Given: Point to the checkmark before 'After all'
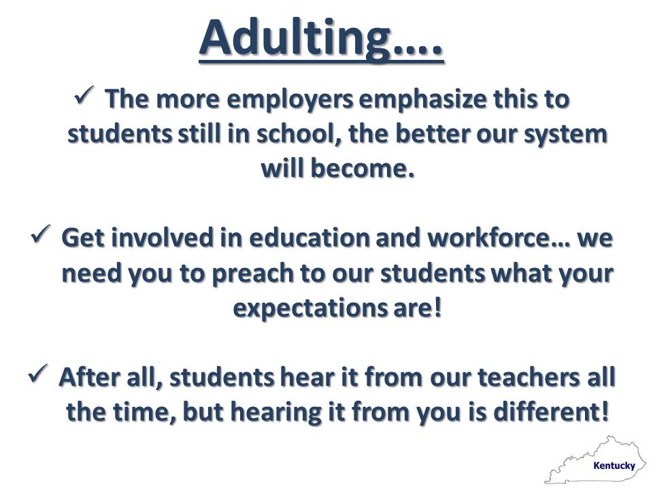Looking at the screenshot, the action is pyautogui.click(x=38, y=373).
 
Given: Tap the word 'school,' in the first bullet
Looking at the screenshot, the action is pyautogui.click(x=299, y=134).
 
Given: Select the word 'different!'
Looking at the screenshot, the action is pyautogui.click(x=551, y=412).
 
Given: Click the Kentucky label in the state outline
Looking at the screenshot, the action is pyautogui.click(x=614, y=465).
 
